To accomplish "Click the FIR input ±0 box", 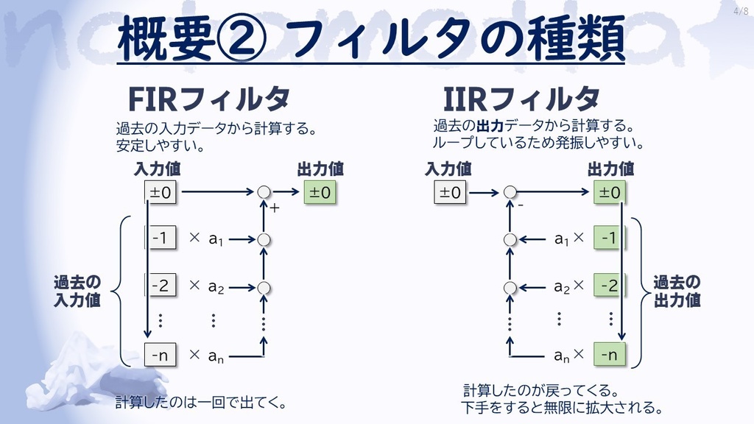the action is point(160,192).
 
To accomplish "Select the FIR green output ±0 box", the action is point(320,192).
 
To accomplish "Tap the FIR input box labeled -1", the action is point(160,238).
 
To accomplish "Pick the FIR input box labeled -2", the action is point(160,285).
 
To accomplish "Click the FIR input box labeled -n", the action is point(160,355).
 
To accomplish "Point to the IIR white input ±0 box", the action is point(450,192).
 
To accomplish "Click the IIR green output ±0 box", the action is point(609,192).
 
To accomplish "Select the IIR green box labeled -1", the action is point(609,238).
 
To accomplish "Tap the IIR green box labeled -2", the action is point(609,285).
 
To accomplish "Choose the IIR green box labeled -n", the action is point(609,355).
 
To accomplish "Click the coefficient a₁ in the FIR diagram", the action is point(216,239).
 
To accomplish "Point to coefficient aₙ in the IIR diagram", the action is point(562,356).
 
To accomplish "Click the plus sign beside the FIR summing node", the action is point(275,208).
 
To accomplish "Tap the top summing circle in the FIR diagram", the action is point(264,192).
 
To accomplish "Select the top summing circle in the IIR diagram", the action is point(510,192).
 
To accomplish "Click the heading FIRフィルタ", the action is point(209,99).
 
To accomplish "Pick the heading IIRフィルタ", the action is point(521,99).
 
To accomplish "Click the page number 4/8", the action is point(741,10).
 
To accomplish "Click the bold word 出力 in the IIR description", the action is point(490,126).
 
